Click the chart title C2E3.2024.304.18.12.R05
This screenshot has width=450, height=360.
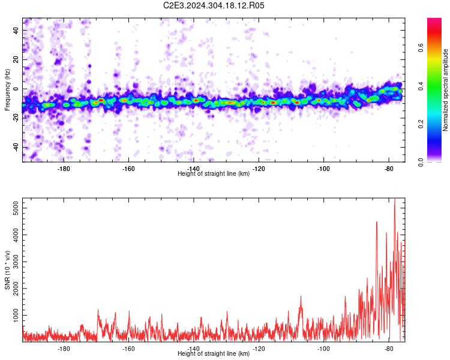pos(214,5)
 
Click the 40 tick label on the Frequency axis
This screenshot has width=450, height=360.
pos(16,30)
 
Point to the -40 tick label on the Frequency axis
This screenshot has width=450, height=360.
pos(16,147)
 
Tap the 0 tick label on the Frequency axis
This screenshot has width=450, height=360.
pos(16,89)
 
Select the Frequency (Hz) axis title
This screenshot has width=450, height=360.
pos(7,90)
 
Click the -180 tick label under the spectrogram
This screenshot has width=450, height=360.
pos(64,169)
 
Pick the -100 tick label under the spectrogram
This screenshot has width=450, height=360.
pos(323,169)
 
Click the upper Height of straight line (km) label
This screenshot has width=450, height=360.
pos(214,173)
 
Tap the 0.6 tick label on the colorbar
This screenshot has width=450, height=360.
pos(421,47)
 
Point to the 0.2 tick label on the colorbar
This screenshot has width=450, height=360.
pos(421,124)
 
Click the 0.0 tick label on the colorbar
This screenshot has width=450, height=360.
pos(421,162)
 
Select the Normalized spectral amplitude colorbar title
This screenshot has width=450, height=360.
pos(445,90)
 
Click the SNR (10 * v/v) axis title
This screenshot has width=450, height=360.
pos(7,270)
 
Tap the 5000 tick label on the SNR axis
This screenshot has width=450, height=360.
pos(16,208)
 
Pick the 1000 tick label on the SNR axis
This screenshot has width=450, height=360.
pos(16,315)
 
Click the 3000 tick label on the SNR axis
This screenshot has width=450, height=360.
pos(16,262)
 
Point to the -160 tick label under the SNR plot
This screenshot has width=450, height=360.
pos(128,349)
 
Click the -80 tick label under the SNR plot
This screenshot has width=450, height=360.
pos(389,349)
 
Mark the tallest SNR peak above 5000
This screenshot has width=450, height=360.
pos(395,199)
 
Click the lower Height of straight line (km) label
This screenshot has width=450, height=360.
pos(214,353)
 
